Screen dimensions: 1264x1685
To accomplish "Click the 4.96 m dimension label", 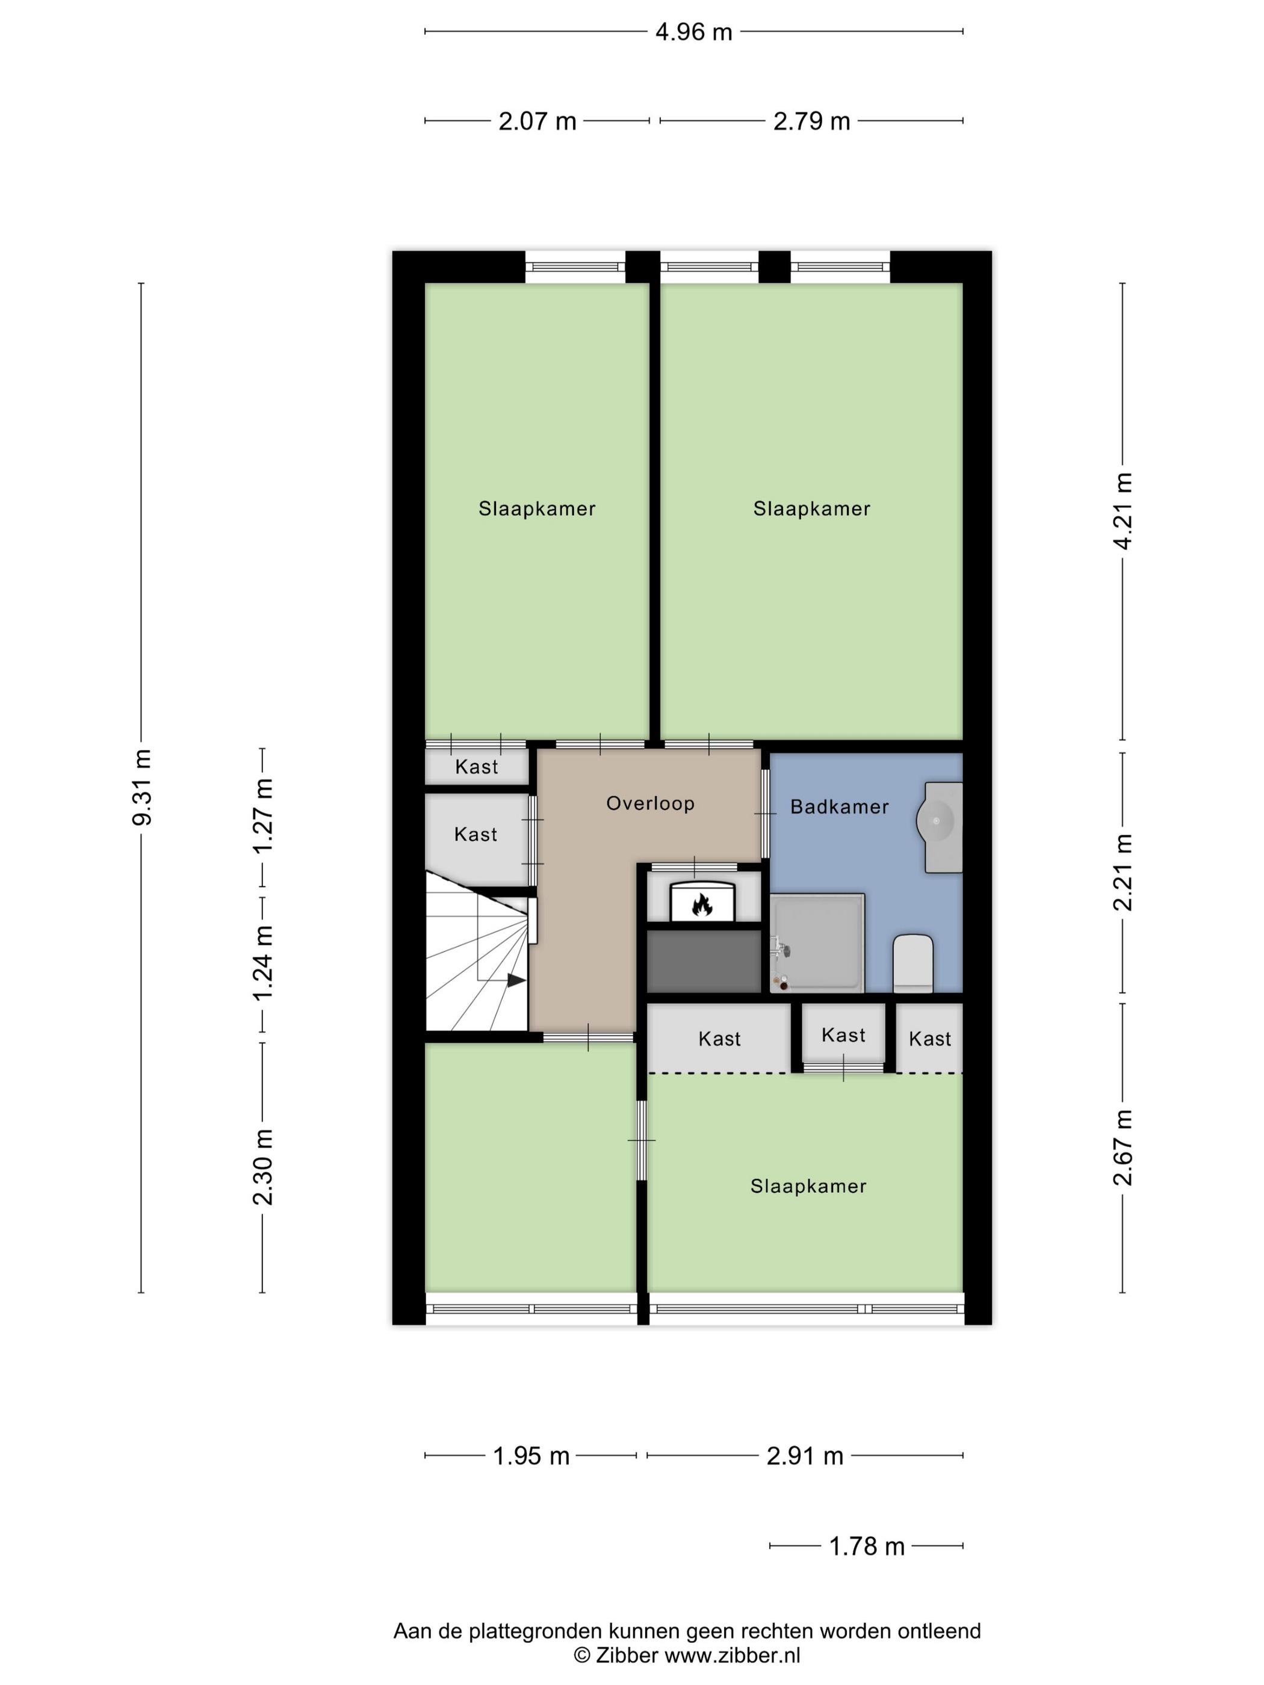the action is (x=693, y=32).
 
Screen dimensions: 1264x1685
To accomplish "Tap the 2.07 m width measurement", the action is (x=537, y=121).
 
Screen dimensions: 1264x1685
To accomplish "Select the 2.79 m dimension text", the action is (x=811, y=121).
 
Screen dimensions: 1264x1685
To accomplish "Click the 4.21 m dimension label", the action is (x=1123, y=511).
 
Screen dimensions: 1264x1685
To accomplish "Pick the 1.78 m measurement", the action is (x=866, y=1547).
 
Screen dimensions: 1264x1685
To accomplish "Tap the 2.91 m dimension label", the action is (x=805, y=1456).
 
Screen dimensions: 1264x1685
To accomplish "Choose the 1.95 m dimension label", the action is (x=531, y=1456).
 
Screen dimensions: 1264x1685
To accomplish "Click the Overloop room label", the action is (x=650, y=803).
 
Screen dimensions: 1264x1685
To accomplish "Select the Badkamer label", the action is (x=839, y=807).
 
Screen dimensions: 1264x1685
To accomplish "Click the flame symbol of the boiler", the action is (x=701, y=904).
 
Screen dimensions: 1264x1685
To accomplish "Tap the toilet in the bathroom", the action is (x=912, y=963).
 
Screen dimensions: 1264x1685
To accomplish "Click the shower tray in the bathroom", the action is (x=817, y=943).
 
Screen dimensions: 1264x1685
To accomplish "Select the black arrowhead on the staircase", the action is (x=516, y=980).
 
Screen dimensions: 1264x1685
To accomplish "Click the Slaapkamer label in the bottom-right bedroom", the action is (x=808, y=1186).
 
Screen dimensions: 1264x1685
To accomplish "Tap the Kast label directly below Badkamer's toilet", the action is (x=929, y=1039).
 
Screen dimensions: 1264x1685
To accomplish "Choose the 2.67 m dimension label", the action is (x=1123, y=1148).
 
